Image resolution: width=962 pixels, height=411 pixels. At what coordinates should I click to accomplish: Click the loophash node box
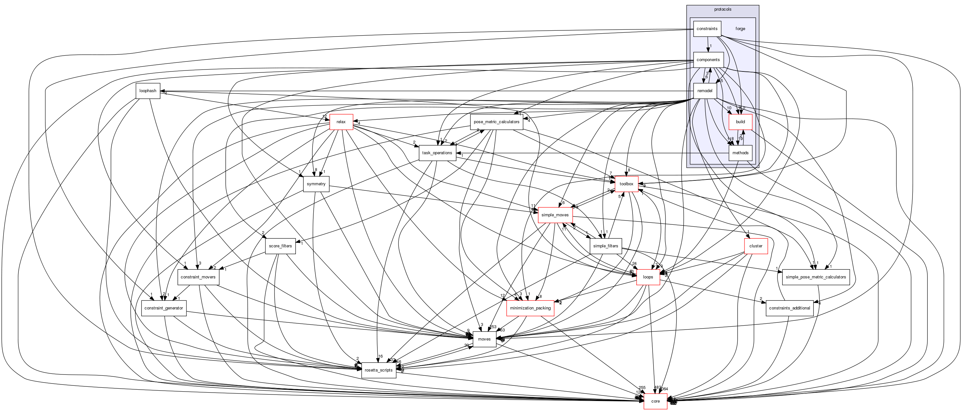tap(148, 91)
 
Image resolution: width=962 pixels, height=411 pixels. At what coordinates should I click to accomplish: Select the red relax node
tap(341, 122)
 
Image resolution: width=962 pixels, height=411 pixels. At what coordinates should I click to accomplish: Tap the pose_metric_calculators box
tap(496, 122)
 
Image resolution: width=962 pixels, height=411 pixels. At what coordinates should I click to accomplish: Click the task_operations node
tap(437, 153)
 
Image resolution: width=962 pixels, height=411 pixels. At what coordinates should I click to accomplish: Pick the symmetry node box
tap(316, 184)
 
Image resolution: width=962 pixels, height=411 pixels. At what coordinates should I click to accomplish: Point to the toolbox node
tap(626, 184)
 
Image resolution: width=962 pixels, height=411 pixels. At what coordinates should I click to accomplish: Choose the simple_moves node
tap(555, 215)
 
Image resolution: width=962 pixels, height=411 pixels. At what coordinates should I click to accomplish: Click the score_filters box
tap(280, 246)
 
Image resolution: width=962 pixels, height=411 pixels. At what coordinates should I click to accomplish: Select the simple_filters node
tap(605, 246)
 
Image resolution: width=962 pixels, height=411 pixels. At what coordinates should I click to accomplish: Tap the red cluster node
tap(756, 246)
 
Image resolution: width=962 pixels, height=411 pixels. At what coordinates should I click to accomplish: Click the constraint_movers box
tap(198, 277)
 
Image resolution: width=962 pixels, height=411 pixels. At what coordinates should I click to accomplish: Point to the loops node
tap(648, 277)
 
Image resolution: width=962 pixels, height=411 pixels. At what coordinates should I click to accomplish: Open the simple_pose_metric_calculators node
tap(816, 277)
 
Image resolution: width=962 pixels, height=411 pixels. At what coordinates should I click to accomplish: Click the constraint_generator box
tap(163, 308)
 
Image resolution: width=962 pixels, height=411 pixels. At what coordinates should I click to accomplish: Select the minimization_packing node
tap(530, 308)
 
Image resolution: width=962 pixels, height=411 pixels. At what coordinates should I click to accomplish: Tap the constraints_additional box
tap(789, 308)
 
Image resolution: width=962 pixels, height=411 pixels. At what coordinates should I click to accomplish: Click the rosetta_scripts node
tap(378, 370)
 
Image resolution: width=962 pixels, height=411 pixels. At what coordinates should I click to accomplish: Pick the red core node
tap(655, 401)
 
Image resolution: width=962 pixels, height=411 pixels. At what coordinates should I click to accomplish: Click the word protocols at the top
tap(722, 9)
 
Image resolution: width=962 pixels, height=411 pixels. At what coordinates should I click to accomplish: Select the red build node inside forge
tap(740, 122)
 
